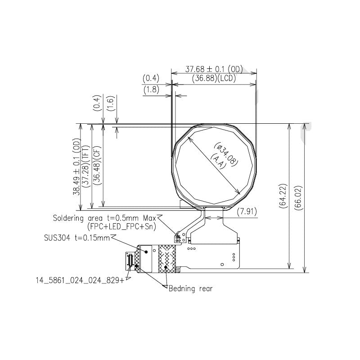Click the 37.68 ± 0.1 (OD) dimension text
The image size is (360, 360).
(214, 69)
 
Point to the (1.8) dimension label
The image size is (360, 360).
(150, 90)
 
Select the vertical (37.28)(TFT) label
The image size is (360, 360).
(85, 166)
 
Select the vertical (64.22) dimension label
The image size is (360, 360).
(283, 195)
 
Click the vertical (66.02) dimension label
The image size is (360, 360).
(301, 195)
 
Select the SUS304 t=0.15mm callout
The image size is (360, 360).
(76, 238)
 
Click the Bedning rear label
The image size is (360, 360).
(190, 288)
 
